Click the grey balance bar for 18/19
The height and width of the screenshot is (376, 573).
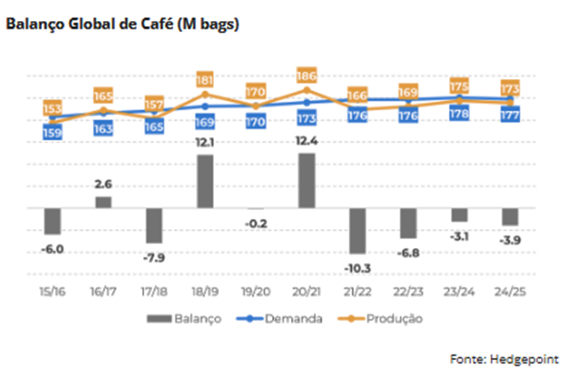205,181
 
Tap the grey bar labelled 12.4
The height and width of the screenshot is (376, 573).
307,180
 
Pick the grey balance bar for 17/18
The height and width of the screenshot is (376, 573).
154,225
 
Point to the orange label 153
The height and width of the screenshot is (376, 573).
52,109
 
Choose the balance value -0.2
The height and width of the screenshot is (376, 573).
256,223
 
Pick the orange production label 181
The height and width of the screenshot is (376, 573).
205,79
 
